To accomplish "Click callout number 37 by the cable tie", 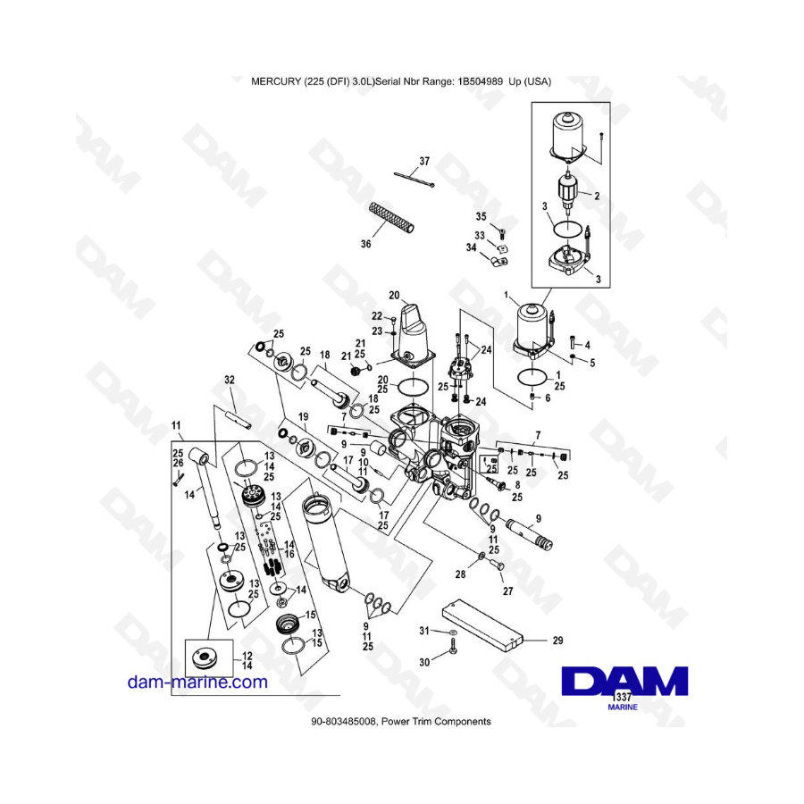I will (x=424, y=162).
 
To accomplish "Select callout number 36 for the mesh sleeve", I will (x=365, y=243).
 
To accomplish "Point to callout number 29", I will (x=558, y=641).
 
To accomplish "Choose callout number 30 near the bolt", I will (x=424, y=662).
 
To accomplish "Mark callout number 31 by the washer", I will (x=424, y=632).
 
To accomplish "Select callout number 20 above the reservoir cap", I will (x=394, y=295).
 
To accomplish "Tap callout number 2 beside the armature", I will (x=596, y=195).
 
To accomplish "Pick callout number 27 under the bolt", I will (x=509, y=590).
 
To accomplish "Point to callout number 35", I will (x=480, y=216).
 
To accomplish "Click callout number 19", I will (x=303, y=417).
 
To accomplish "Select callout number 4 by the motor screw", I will (x=587, y=344).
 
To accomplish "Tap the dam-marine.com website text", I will (x=197, y=682).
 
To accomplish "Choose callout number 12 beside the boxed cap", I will (x=247, y=655).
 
